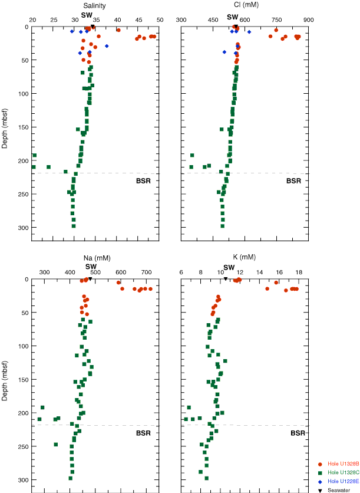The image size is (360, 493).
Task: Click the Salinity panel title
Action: coord(94,5)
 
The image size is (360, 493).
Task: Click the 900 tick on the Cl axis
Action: coord(308,20)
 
